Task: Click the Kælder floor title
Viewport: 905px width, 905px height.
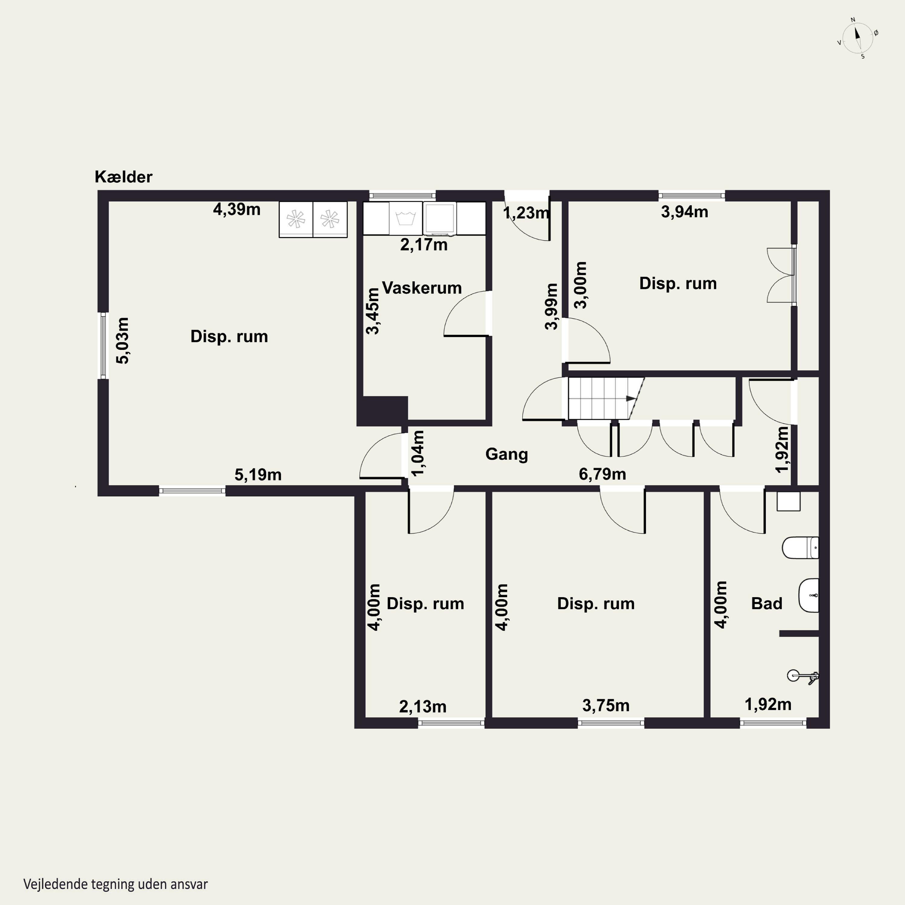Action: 124,176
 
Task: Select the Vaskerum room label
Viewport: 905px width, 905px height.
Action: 422,287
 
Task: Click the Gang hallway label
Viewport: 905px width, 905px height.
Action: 506,454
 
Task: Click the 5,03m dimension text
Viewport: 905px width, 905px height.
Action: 123,341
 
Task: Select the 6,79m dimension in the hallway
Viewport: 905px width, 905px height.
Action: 602,474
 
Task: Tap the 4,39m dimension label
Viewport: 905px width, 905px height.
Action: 237,209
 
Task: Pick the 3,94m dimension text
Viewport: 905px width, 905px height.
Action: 684,212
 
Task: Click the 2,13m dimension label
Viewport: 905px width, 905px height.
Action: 423,707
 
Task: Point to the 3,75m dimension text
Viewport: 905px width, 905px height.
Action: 606,706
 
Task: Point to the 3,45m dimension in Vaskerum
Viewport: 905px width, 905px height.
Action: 373,311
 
